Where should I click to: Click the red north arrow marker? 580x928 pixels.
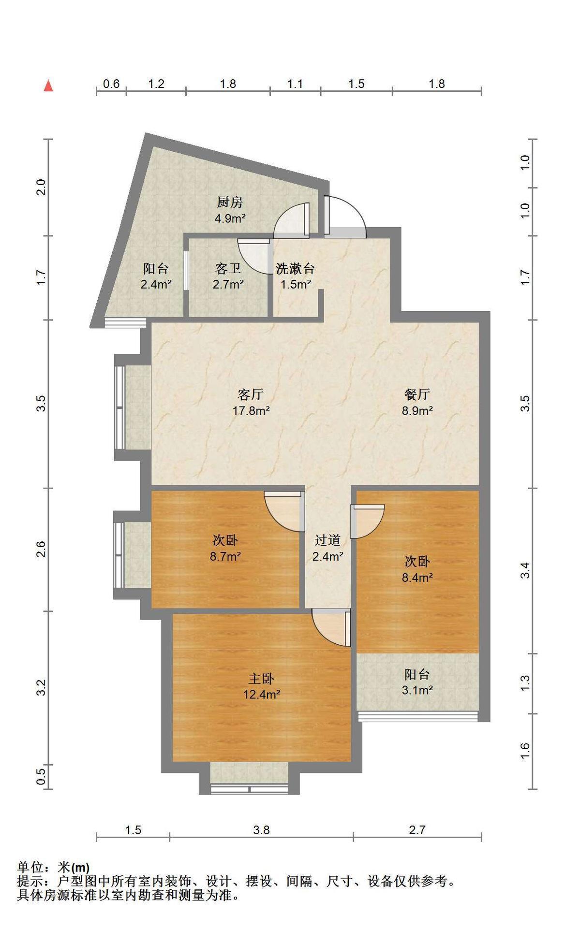click(x=48, y=86)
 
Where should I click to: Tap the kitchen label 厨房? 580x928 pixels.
click(x=230, y=202)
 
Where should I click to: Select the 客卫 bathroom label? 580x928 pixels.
click(x=228, y=268)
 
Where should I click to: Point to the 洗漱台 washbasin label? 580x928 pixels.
click(x=295, y=268)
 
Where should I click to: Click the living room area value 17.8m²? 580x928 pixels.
click(x=251, y=411)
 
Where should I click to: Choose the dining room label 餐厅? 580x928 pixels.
click(x=417, y=394)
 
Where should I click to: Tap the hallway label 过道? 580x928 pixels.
click(x=327, y=540)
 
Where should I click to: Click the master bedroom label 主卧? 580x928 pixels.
click(x=261, y=679)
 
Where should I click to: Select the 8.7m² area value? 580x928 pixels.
click(x=225, y=556)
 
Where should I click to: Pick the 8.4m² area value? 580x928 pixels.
click(x=417, y=577)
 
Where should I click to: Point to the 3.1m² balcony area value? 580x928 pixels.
click(x=417, y=690)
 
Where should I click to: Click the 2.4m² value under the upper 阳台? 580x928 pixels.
click(x=156, y=284)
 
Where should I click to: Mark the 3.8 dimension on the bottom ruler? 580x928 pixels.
click(x=261, y=830)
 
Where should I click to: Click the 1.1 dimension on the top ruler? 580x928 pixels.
click(x=295, y=84)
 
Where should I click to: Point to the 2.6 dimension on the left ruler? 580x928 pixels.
click(x=41, y=550)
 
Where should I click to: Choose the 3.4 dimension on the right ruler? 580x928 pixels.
click(x=525, y=570)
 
